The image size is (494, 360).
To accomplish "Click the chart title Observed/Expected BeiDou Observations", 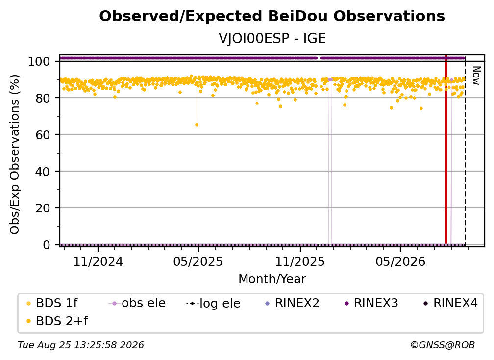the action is pyautogui.click(x=272, y=16).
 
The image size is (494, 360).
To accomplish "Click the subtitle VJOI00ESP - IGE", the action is pyautogui.click(x=272, y=38).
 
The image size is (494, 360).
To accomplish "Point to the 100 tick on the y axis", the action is pyautogui.click(x=39, y=61).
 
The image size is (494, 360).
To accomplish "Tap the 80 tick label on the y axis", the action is pyautogui.click(x=43, y=98).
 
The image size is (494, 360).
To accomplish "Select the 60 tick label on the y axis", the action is pyautogui.click(x=43, y=134).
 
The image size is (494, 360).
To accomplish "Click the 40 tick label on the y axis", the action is pyautogui.click(x=43, y=172).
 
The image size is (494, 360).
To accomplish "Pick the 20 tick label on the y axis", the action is pyautogui.click(x=43, y=208).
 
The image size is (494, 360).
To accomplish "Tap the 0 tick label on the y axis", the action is pyautogui.click(x=46, y=245).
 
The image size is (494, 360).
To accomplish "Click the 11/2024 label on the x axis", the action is pyautogui.click(x=98, y=261).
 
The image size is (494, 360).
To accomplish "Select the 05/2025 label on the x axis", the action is pyautogui.click(x=198, y=261).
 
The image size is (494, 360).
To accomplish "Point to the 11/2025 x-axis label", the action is pyautogui.click(x=300, y=261).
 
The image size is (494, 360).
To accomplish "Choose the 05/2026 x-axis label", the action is pyautogui.click(x=400, y=261).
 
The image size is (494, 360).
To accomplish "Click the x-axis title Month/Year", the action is pyautogui.click(x=272, y=279).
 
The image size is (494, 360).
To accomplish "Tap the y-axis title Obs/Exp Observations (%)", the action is pyautogui.click(x=15, y=154).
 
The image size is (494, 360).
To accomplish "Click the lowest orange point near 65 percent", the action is pyautogui.click(x=197, y=125).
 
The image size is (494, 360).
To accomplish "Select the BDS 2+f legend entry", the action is pyautogui.click(x=57, y=321).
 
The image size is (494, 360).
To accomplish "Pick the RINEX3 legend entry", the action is pyautogui.click(x=371, y=303).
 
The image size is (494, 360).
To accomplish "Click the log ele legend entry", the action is pyautogui.click(x=213, y=303).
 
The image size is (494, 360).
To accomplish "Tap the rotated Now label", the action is pyautogui.click(x=476, y=76).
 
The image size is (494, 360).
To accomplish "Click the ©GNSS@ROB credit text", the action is pyautogui.click(x=443, y=345).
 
